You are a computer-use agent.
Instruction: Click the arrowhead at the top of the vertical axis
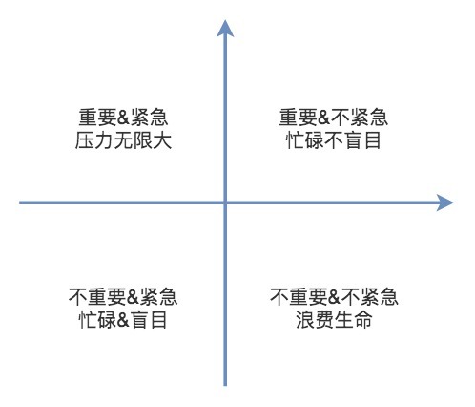pyautogui.click(x=225, y=29)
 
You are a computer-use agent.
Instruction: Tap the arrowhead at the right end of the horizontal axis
pyautogui.click(x=444, y=203)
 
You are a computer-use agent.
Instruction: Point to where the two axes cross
pyautogui.click(x=225, y=203)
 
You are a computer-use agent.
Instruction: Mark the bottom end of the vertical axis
pyautogui.click(x=225, y=386)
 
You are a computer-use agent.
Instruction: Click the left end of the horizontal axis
pyautogui.click(x=20, y=203)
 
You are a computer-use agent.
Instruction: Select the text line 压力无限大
pyautogui.click(x=123, y=140)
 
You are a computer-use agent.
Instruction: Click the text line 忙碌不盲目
pyautogui.click(x=333, y=140)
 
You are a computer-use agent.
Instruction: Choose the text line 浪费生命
pyautogui.click(x=334, y=319)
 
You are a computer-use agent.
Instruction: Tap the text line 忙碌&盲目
pyautogui.click(x=123, y=319)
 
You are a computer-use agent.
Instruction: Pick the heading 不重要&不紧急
pyautogui.click(x=334, y=297)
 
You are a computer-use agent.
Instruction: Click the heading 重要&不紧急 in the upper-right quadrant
pyautogui.click(x=334, y=118)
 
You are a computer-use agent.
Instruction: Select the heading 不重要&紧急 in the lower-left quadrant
pyautogui.click(x=123, y=297)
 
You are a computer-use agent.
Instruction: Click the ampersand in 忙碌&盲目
pyautogui.click(x=123, y=320)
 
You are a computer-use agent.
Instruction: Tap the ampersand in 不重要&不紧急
pyautogui.click(x=334, y=297)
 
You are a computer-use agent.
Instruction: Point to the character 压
pyautogui.click(x=84, y=140)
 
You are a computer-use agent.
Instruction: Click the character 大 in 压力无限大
pyautogui.click(x=162, y=140)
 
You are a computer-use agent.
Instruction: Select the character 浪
pyautogui.click(x=304, y=319)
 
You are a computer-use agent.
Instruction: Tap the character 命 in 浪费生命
pyautogui.click(x=362, y=319)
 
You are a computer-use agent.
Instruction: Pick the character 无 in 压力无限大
pyautogui.click(x=123, y=140)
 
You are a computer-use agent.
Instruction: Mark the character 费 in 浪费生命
pyautogui.click(x=324, y=319)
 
